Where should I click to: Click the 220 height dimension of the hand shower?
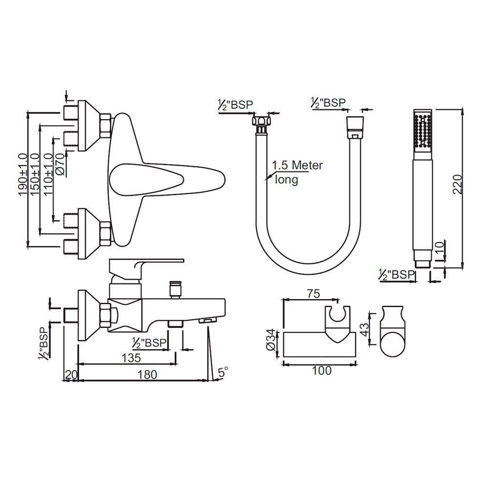point(457,184)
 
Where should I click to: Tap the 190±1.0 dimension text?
point(23,175)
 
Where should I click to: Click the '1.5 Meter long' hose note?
point(297,172)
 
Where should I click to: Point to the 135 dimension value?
point(131,358)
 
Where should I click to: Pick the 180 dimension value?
point(147,375)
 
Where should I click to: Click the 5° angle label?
point(223,372)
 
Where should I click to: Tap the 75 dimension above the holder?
point(313,293)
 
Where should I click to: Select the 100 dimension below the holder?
point(322,371)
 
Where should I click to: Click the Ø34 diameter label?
point(271,340)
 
